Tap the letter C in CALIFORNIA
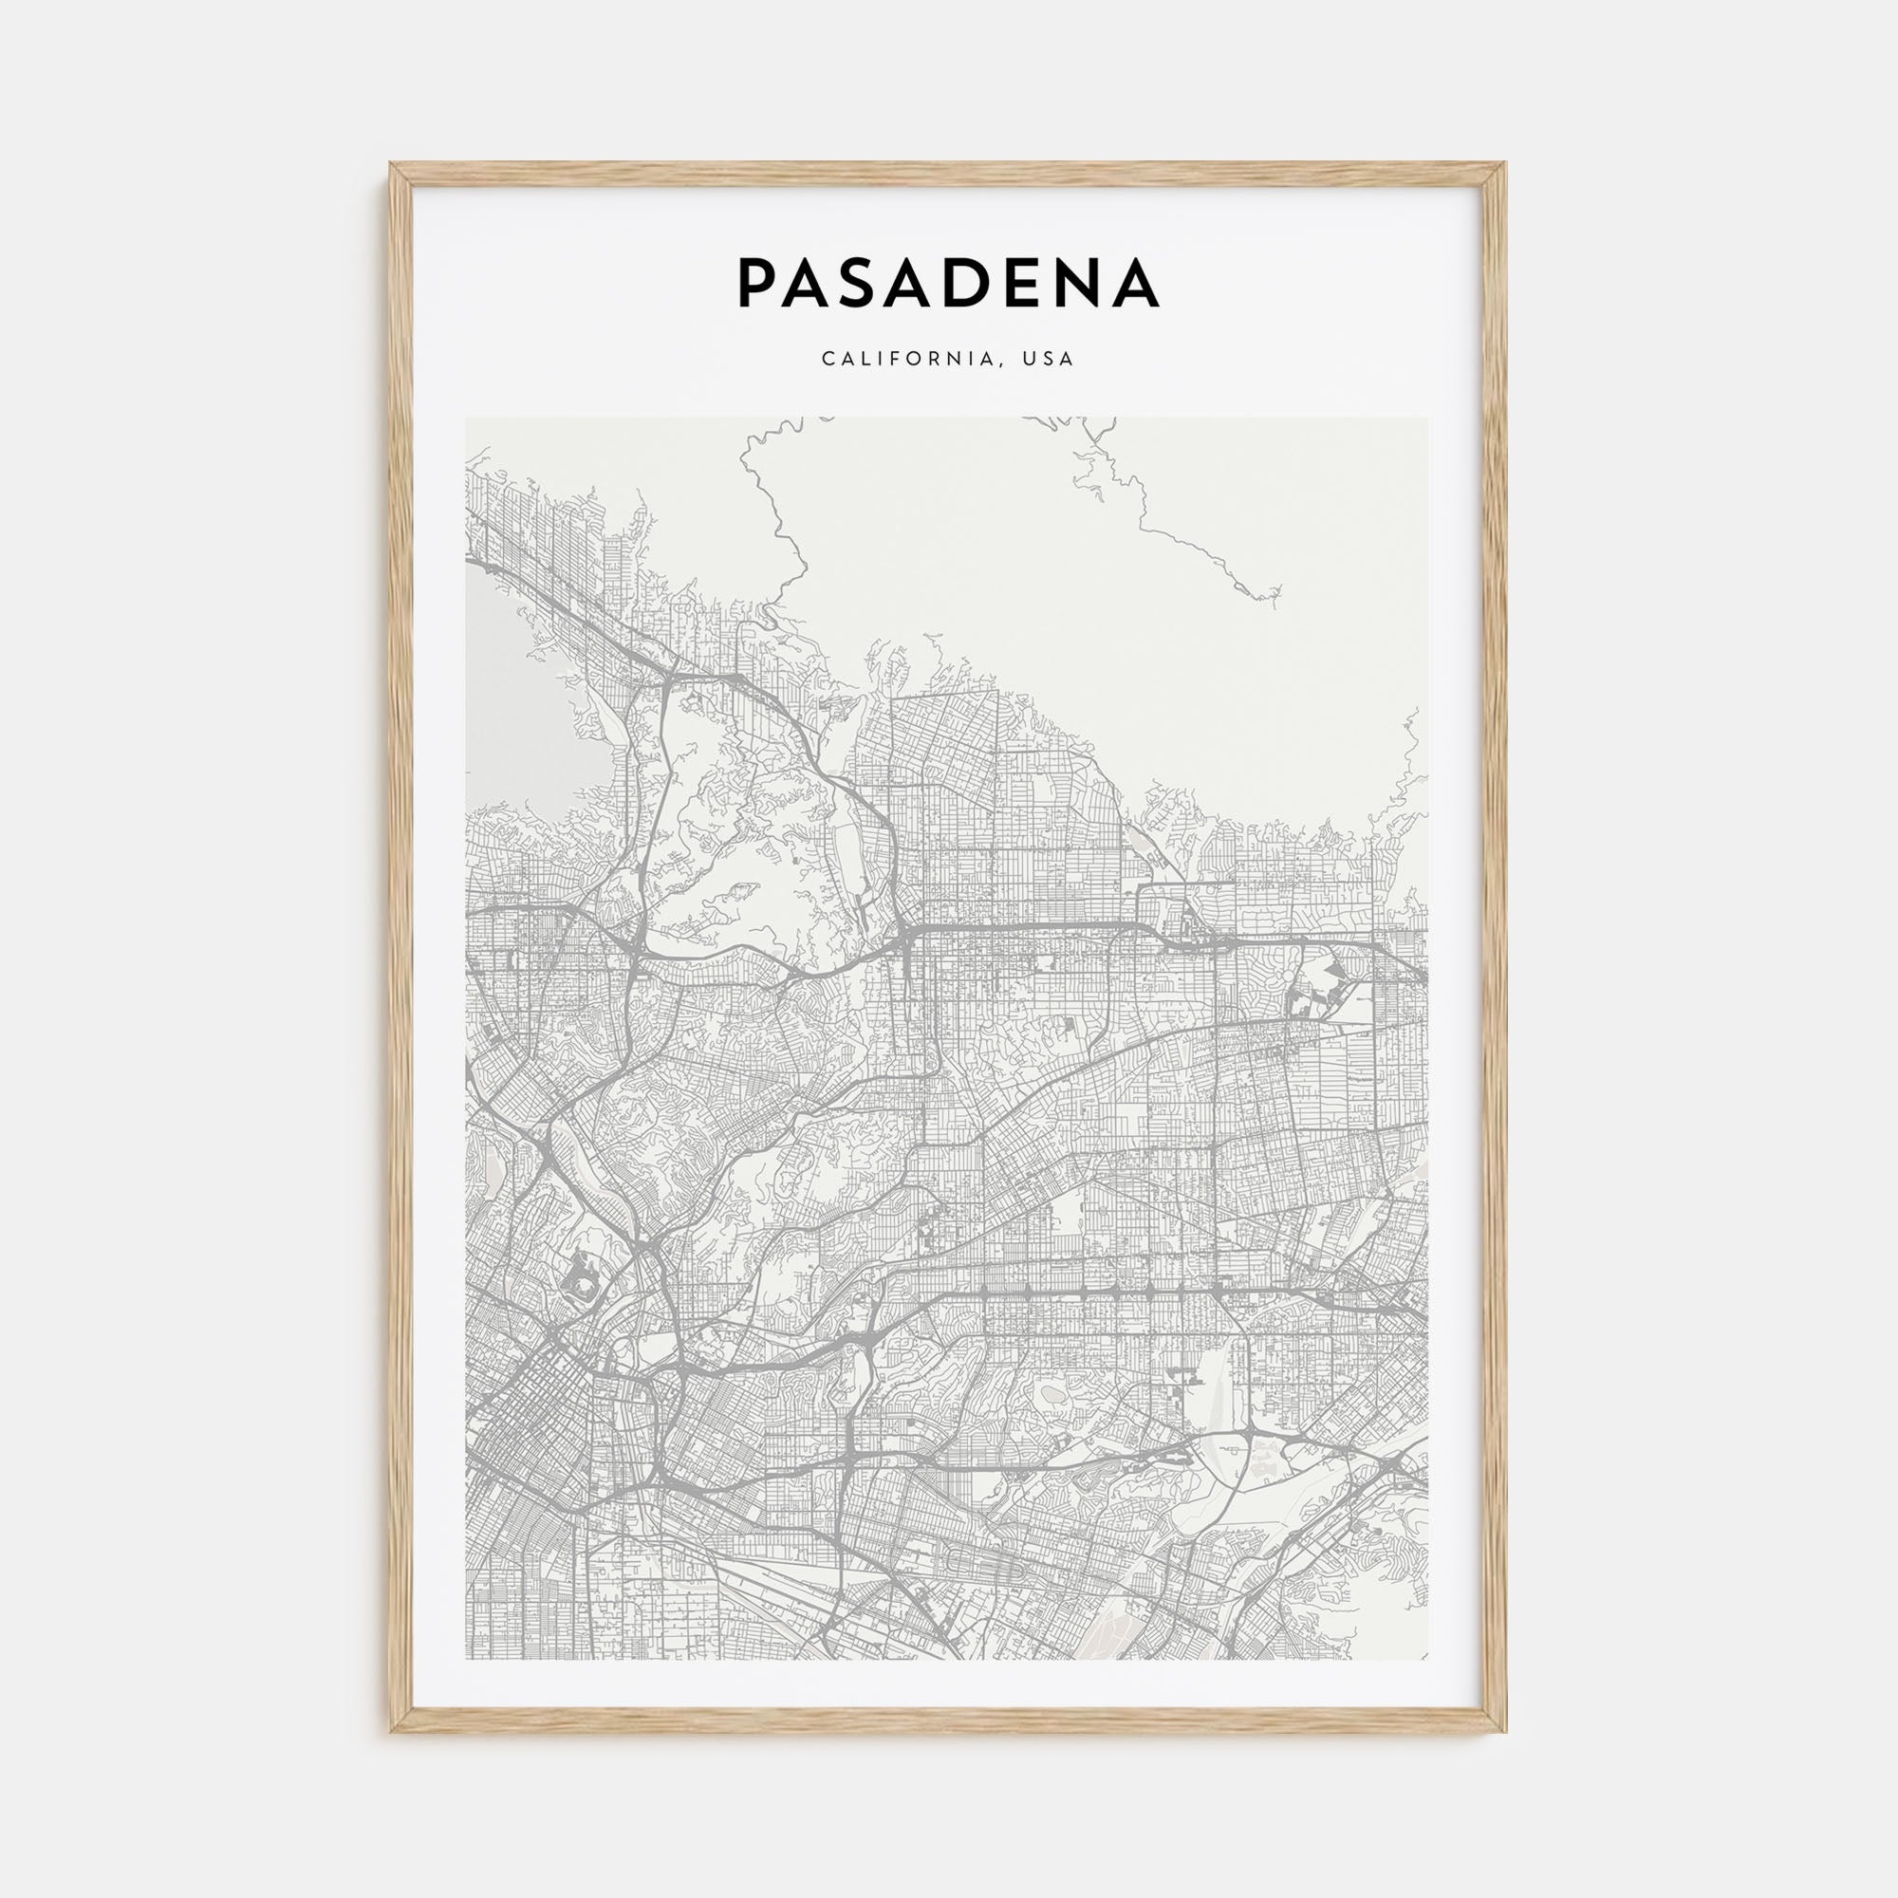[x=828, y=359]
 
